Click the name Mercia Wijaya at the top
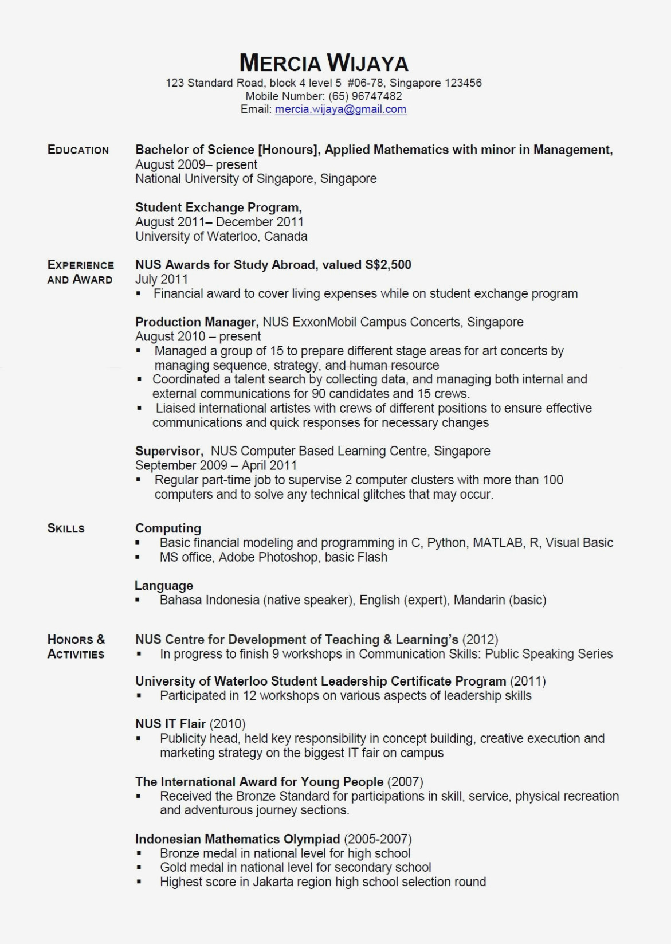pos(324,62)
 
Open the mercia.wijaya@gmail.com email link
pos(340,109)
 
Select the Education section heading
pos(78,150)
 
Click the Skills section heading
pos(66,528)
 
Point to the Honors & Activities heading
pos(76,647)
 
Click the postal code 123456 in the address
pos(463,83)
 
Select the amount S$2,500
pos(388,265)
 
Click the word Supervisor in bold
pos(168,451)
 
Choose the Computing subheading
pos(168,528)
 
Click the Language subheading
pos(164,586)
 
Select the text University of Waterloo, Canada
pos(221,237)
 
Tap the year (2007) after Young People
pos(405,782)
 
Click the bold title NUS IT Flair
pos(170,724)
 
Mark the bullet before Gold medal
pos(139,868)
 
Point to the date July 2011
pos(162,280)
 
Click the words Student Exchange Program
pos(218,207)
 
